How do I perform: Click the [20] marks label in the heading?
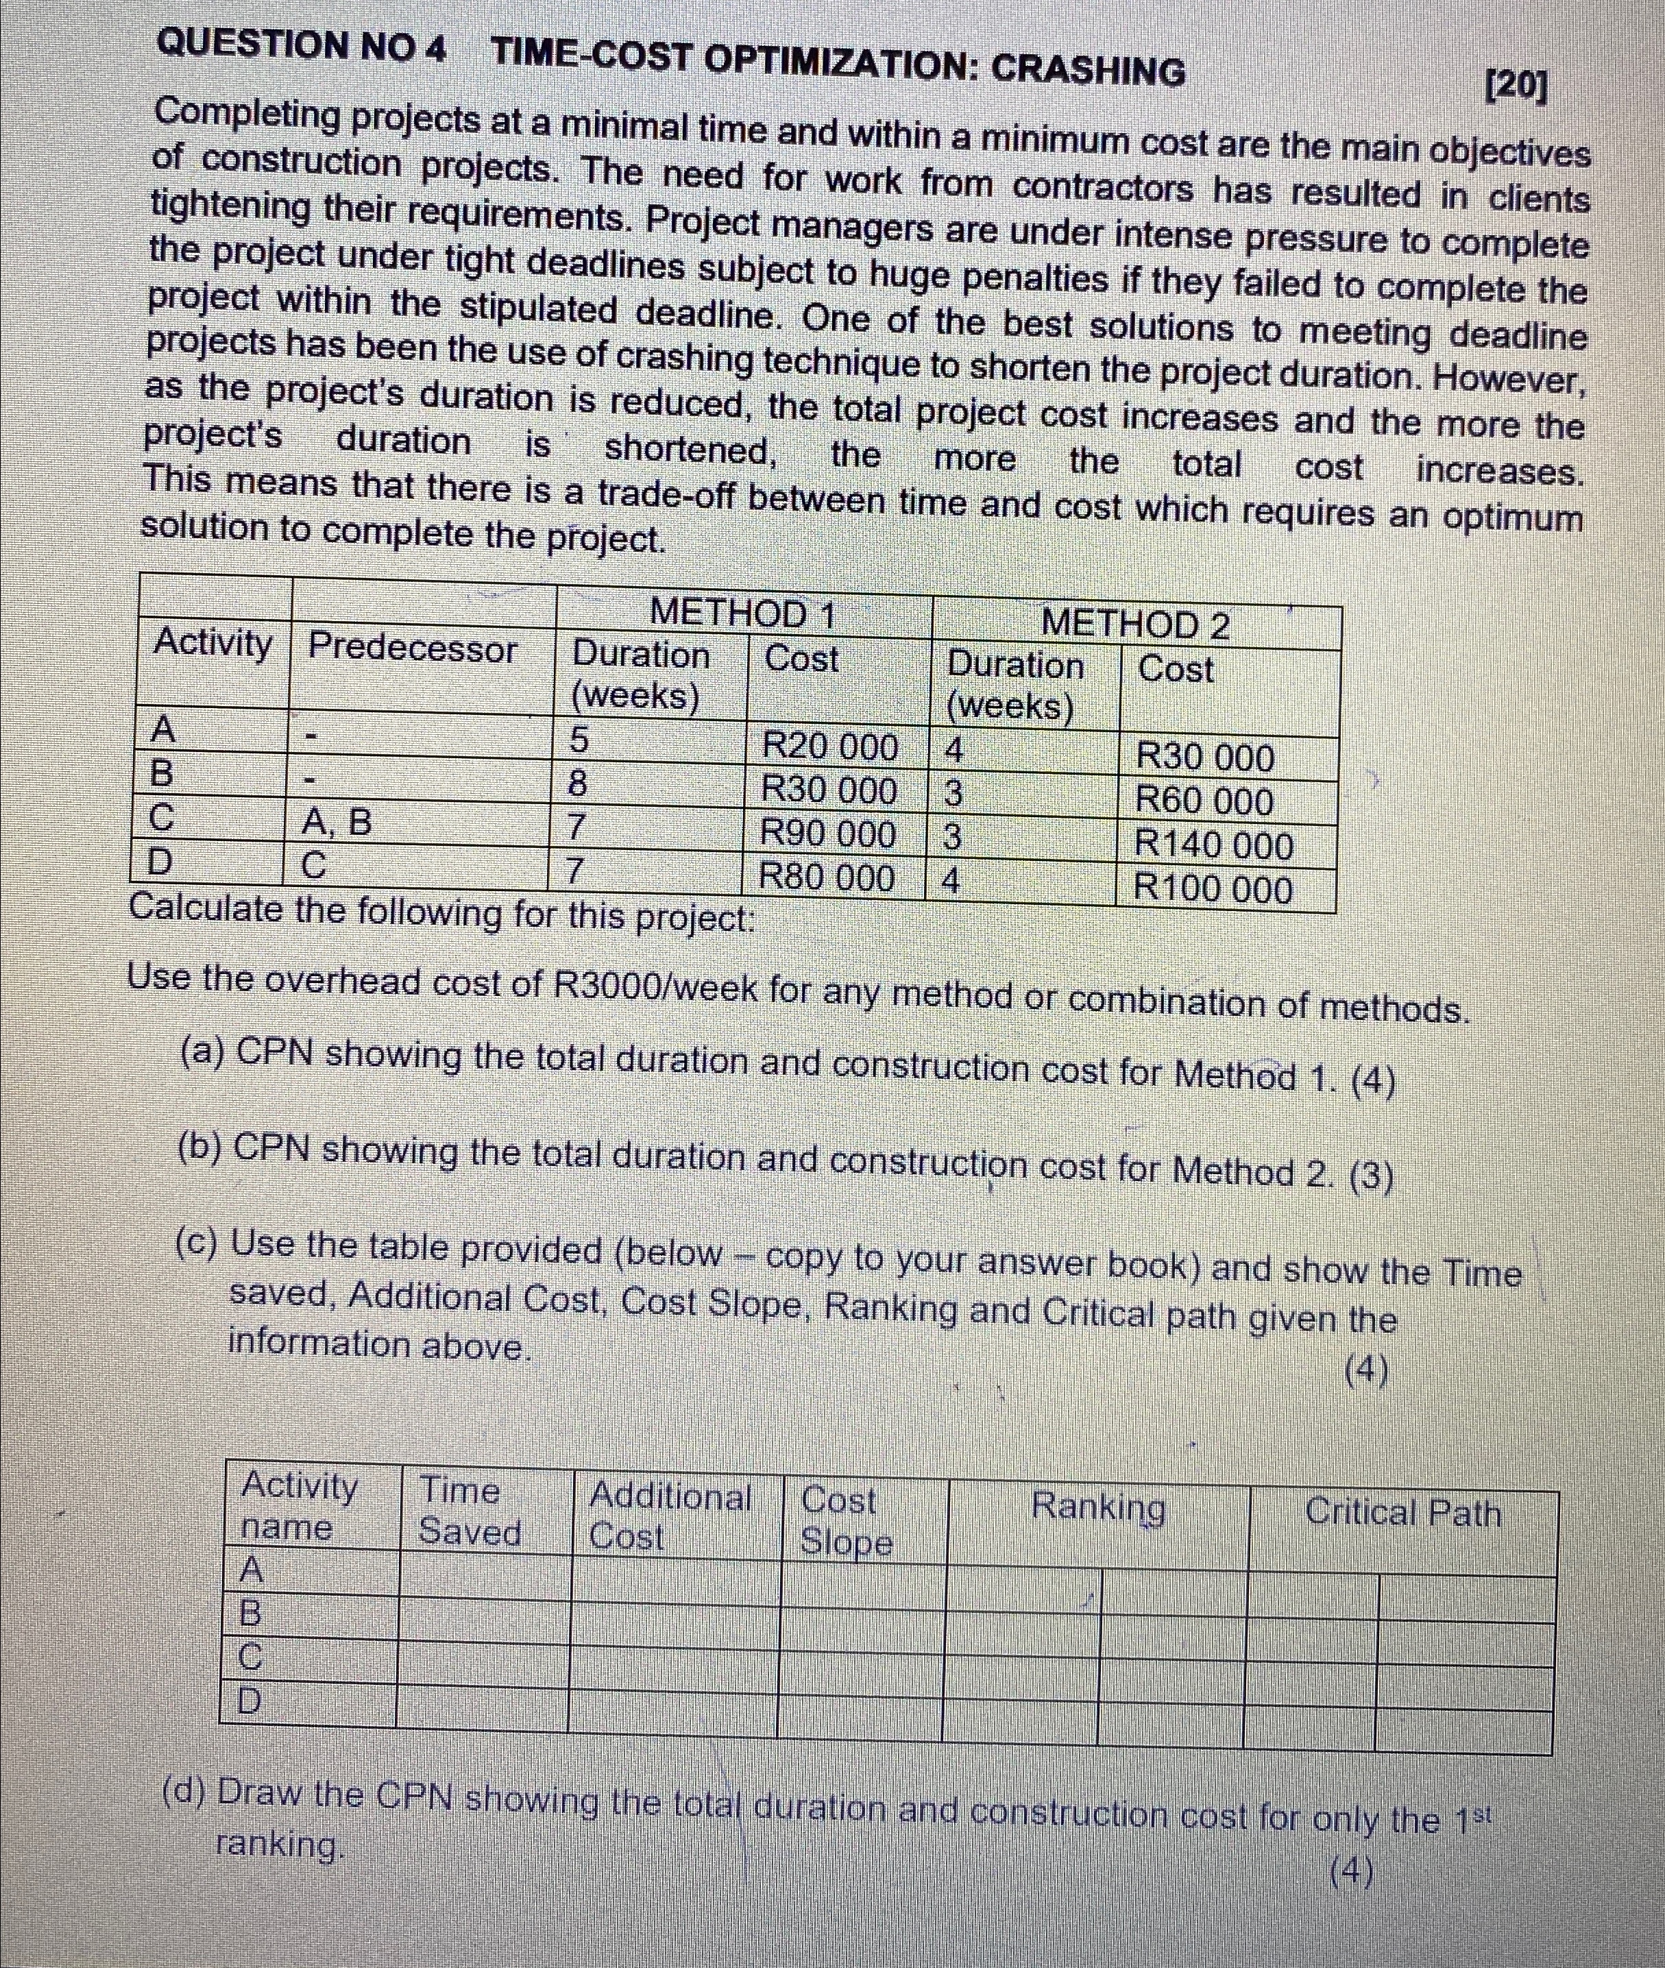(1516, 88)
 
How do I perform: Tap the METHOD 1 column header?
(743, 614)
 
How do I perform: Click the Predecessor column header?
(413, 648)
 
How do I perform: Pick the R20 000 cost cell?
(829, 746)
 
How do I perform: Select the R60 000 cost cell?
(1204, 801)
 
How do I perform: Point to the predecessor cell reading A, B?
(336, 824)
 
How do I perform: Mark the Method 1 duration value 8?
(578, 783)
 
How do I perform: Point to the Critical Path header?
(1402, 1512)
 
